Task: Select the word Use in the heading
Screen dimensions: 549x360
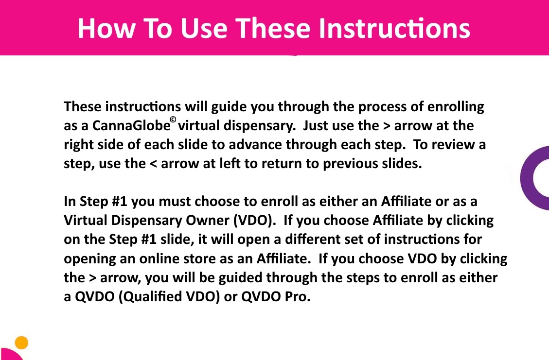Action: coord(204,28)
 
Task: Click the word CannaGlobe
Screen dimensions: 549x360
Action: coord(131,126)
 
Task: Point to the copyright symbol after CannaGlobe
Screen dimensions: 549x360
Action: coord(173,120)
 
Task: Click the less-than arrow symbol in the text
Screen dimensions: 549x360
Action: coord(153,164)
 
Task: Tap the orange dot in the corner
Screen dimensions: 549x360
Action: coord(22,343)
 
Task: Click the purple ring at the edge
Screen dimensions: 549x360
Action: coord(527,178)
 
